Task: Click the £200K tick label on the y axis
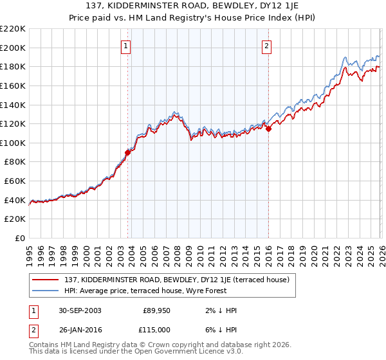point(13,48)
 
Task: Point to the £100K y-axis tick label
point(13,143)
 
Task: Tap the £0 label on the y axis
point(19,239)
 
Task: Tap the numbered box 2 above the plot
point(266,46)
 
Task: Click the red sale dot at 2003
point(127,152)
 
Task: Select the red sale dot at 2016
point(268,129)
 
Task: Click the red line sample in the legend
point(48,280)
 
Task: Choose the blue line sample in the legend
point(48,291)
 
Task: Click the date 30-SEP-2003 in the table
point(80,310)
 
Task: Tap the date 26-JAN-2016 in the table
point(80,330)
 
